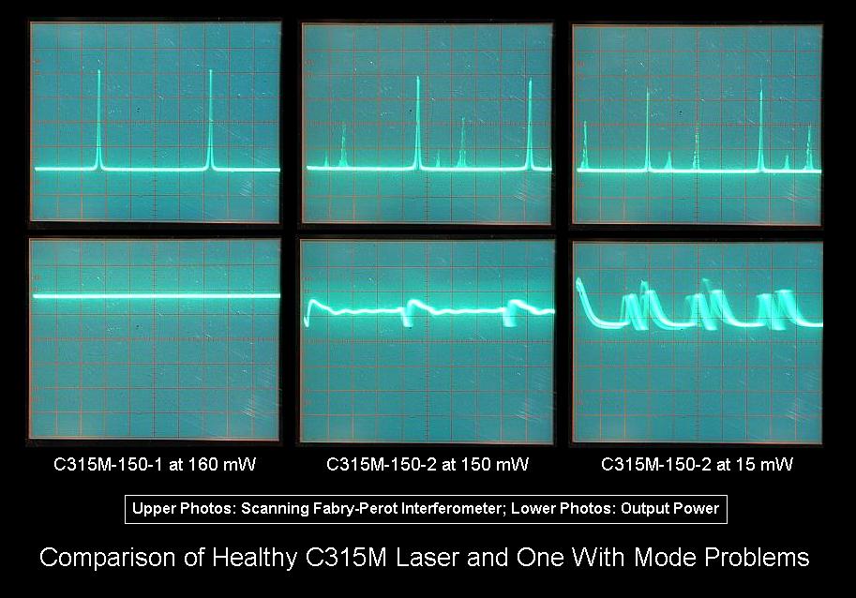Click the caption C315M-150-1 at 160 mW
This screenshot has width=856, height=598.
(x=154, y=464)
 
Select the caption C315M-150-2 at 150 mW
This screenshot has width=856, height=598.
(x=428, y=464)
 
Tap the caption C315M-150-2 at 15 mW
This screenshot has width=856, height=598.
(x=697, y=464)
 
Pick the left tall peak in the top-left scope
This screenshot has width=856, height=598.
(x=99, y=122)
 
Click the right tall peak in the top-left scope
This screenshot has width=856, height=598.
(x=210, y=122)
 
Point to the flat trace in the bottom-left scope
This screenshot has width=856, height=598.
(x=156, y=296)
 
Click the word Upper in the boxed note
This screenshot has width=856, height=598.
(x=153, y=509)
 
